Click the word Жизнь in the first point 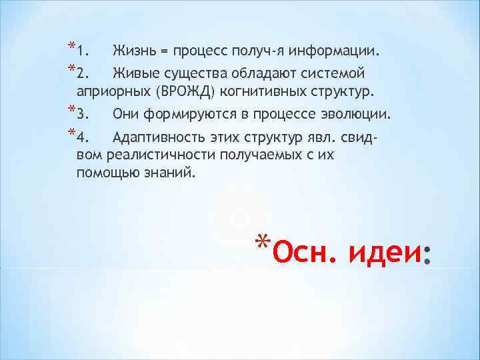tap(135, 51)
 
